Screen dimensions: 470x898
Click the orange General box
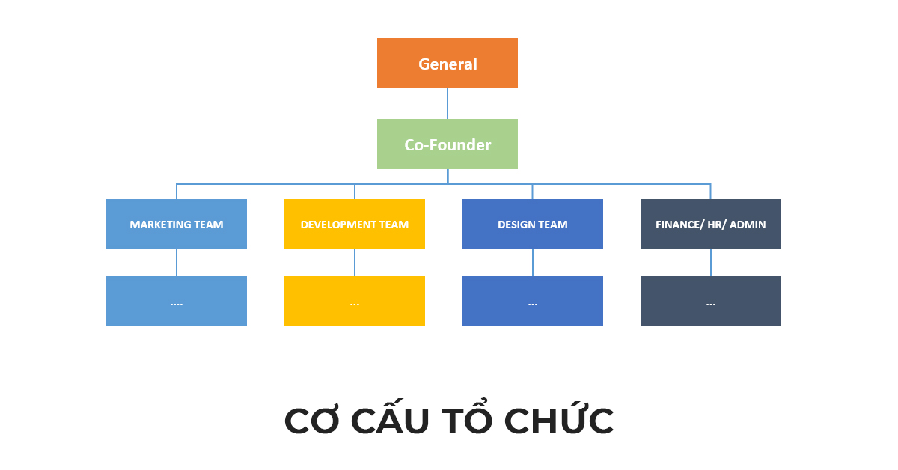tap(448, 64)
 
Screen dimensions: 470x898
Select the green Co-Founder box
tap(448, 144)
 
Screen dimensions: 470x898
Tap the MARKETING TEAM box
tap(177, 224)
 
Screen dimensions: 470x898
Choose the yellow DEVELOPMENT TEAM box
tap(355, 224)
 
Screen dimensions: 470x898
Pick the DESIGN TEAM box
tap(533, 224)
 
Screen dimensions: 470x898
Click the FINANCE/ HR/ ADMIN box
tap(711, 224)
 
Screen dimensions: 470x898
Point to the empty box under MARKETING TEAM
tap(177, 301)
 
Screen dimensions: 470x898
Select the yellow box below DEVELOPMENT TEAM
tap(355, 301)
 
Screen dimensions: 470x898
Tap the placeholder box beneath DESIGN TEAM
tap(533, 301)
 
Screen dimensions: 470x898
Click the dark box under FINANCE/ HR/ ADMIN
tap(711, 301)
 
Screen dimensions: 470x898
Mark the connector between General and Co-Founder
tap(448, 103)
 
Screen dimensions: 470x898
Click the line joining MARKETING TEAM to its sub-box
tap(177, 263)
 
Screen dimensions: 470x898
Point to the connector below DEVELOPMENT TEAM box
tap(355, 263)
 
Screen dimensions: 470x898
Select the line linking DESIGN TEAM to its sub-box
tap(533, 263)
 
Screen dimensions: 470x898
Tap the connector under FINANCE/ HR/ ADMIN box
tap(711, 263)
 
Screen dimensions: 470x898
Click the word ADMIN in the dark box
tap(748, 225)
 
